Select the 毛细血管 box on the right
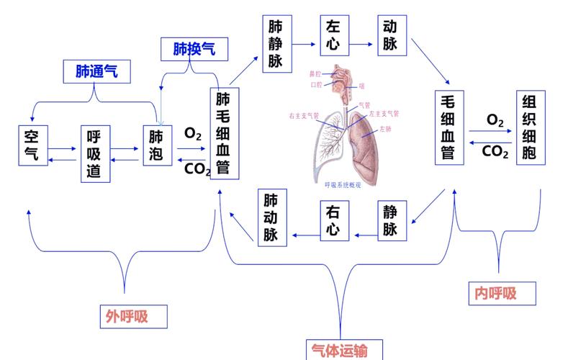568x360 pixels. pos(448,127)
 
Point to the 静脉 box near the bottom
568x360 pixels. pos(390,220)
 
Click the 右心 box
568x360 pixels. pos(332,220)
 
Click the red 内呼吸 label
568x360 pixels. pos(496,293)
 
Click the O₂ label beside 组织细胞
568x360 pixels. pos(495,120)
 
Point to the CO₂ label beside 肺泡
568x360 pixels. pos(197,168)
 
